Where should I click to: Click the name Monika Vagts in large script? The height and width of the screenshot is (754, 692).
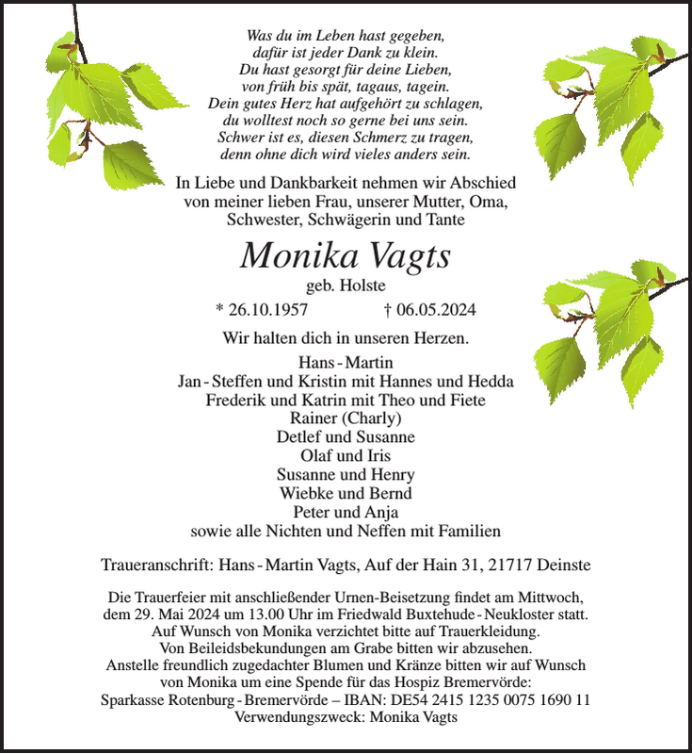click(346, 256)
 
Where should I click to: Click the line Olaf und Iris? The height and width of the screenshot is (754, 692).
click(346, 456)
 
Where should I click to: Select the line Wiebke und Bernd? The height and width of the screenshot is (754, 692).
click(346, 493)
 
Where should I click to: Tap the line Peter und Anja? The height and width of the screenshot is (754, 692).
click(346, 512)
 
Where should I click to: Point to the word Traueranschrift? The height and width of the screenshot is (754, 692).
click(155, 565)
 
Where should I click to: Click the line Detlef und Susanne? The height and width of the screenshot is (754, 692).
click(346, 437)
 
